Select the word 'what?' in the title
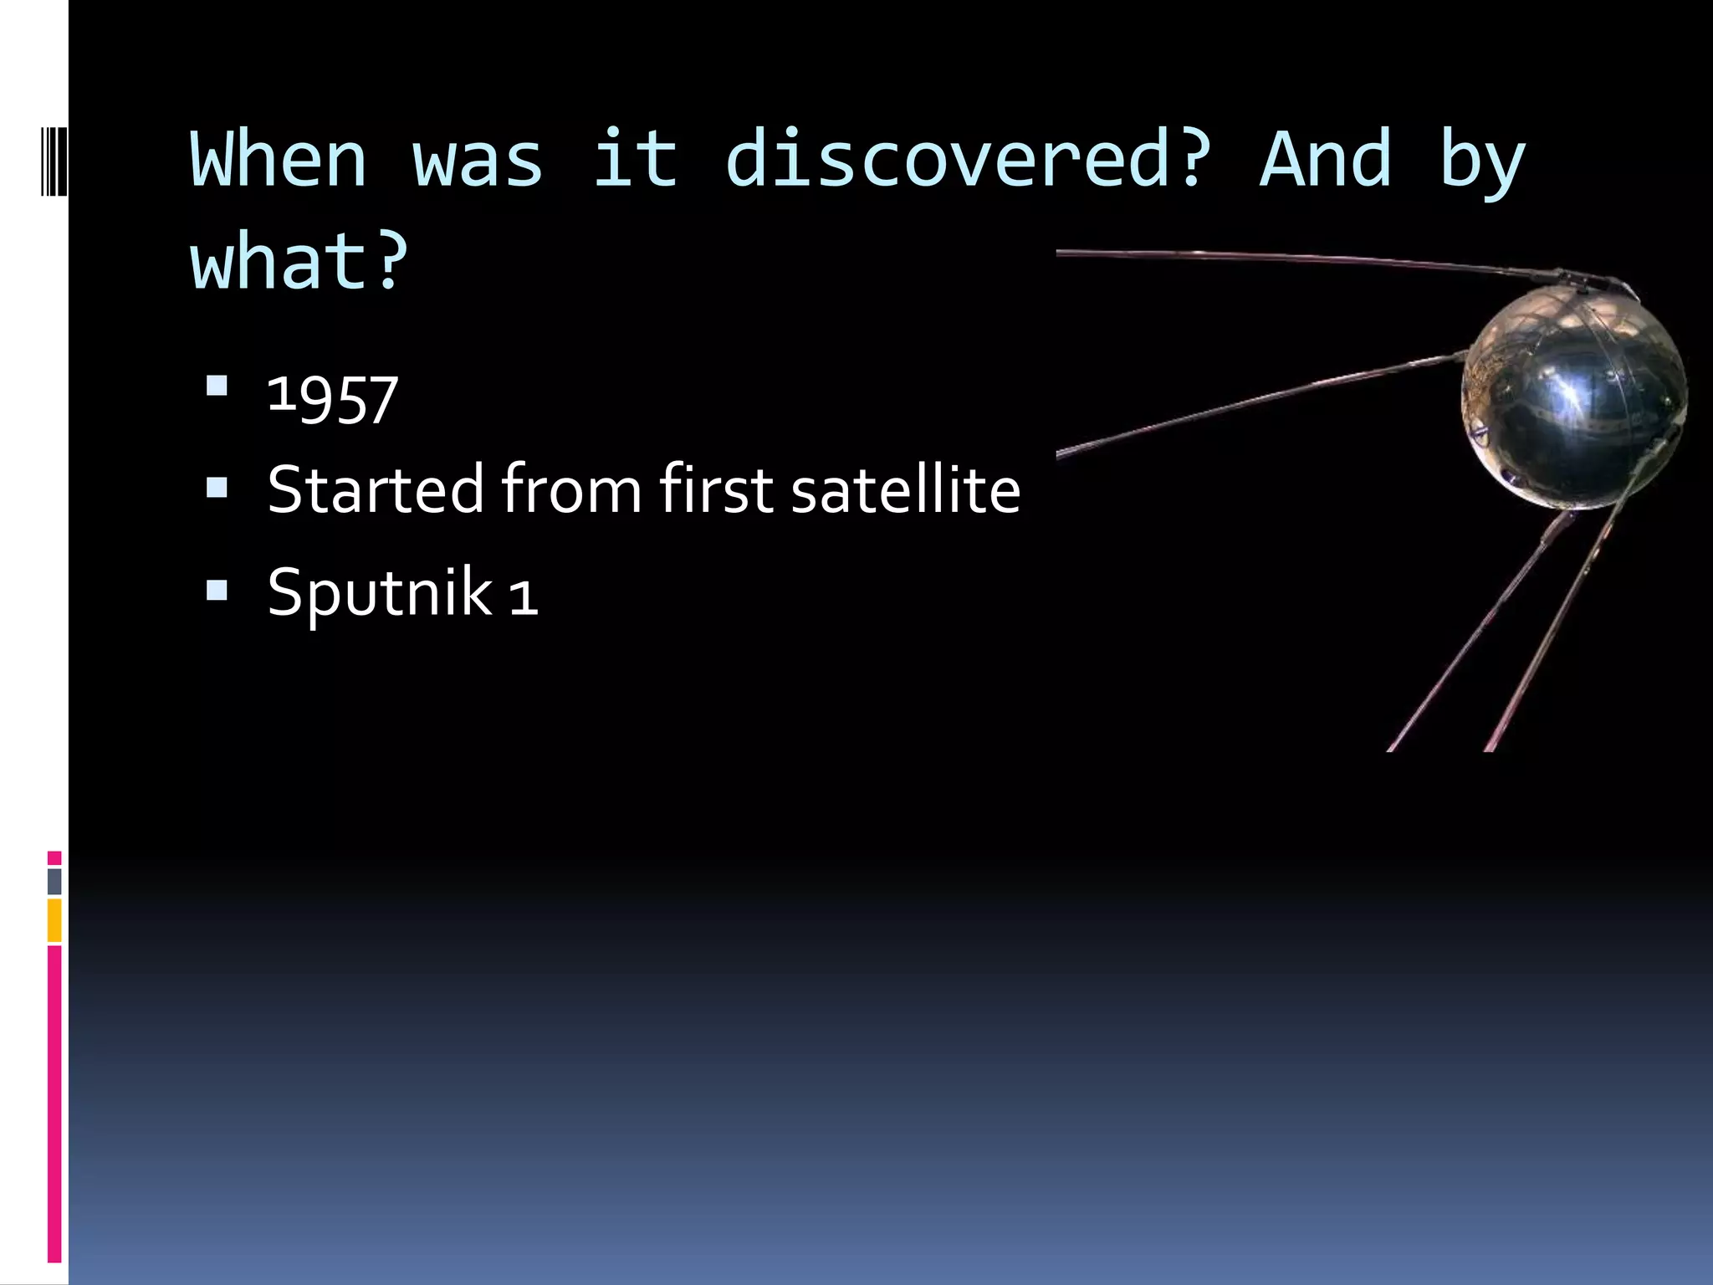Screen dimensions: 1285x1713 point(299,262)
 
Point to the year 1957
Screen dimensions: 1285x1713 point(332,399)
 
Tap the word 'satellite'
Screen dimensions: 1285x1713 point(905,489)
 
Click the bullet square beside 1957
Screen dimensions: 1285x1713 point(217,386)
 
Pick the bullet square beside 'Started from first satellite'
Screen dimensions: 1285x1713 point(217,488)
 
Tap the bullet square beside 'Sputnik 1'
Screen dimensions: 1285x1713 point(217,591)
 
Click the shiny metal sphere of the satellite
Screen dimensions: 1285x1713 point(1572,397)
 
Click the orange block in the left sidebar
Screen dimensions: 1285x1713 point(54,920)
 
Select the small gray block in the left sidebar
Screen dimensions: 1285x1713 point(54,882)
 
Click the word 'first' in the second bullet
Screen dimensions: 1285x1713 point(717,489)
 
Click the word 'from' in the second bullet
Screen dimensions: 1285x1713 point(571,489)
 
